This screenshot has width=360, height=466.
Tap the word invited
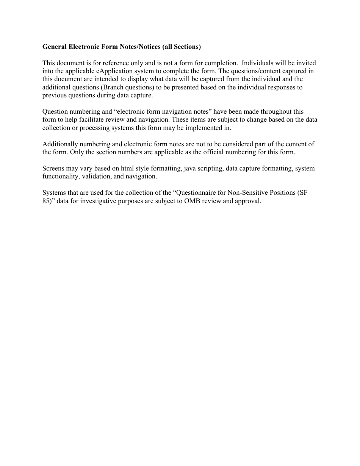coord(307,63)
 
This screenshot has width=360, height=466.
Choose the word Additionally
coord(59,144)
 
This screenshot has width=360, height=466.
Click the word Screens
coord(53,168)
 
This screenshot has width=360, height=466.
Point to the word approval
coord(249,201)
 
